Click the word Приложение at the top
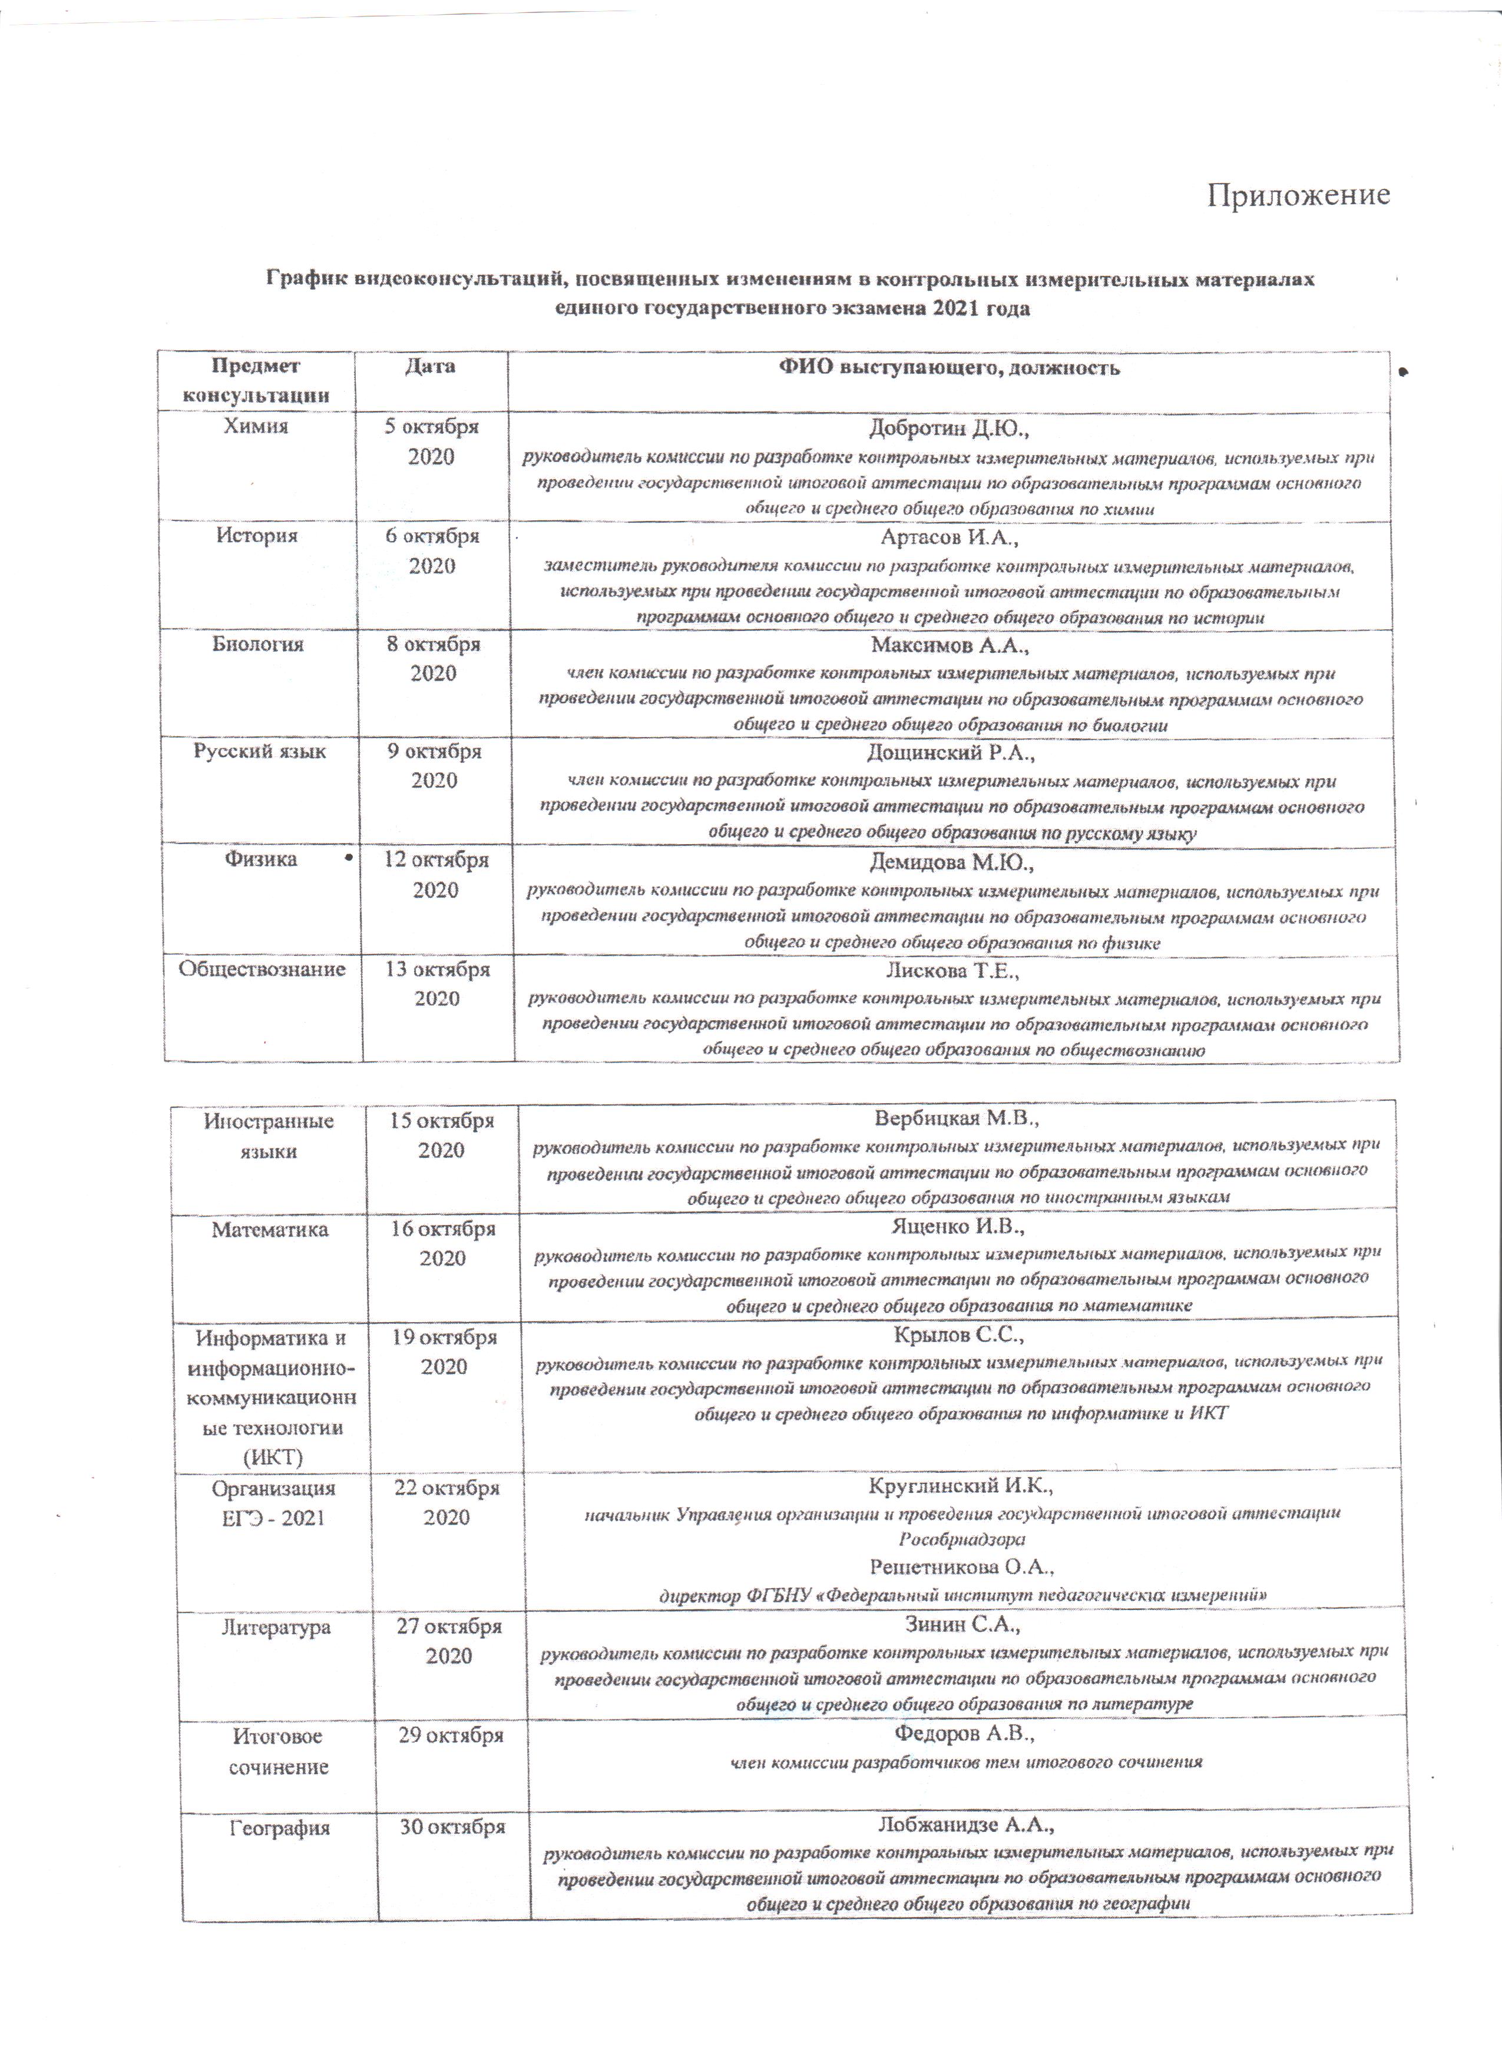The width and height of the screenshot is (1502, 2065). [x=1298, y=196]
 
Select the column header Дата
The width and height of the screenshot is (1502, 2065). [x=430, y=367]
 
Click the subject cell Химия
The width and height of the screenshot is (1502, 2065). [x=256, y=426]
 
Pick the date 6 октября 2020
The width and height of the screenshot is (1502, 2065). [x=432, y=551]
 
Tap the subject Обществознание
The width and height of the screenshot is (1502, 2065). [x=262, y=969]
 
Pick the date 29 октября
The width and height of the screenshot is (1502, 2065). [x=450, y=1735]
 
